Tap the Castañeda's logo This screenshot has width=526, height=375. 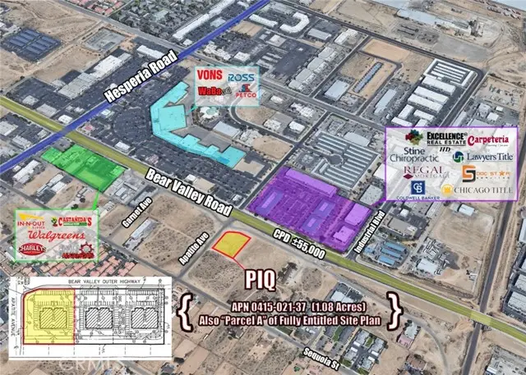[x=74, y=221]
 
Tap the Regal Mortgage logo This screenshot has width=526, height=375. [x=426, y=173]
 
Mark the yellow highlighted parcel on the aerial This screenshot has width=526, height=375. [x=231, y=243]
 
